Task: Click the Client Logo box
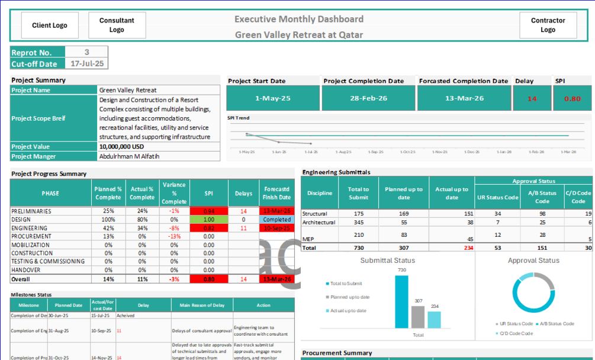pos(50,25)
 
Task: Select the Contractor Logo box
pos(548,25)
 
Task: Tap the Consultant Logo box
pos(117,25)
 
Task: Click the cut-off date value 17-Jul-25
pos(86,64)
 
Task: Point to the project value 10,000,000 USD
pos(122,146)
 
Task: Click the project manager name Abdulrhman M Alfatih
pos(129,156)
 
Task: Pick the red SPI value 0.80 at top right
pos(573,98)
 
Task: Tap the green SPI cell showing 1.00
pos(208,220)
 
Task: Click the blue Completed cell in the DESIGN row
pos(276,220)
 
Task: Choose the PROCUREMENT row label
pos(31,236)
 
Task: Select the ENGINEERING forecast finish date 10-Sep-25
pos(276,228)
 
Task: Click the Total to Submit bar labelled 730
pos(401,301)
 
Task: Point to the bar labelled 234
pos(434,319)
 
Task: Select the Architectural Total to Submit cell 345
pos(358,222)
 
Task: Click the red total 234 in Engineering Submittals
pos(468,248)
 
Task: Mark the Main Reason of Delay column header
pos(202,305)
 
